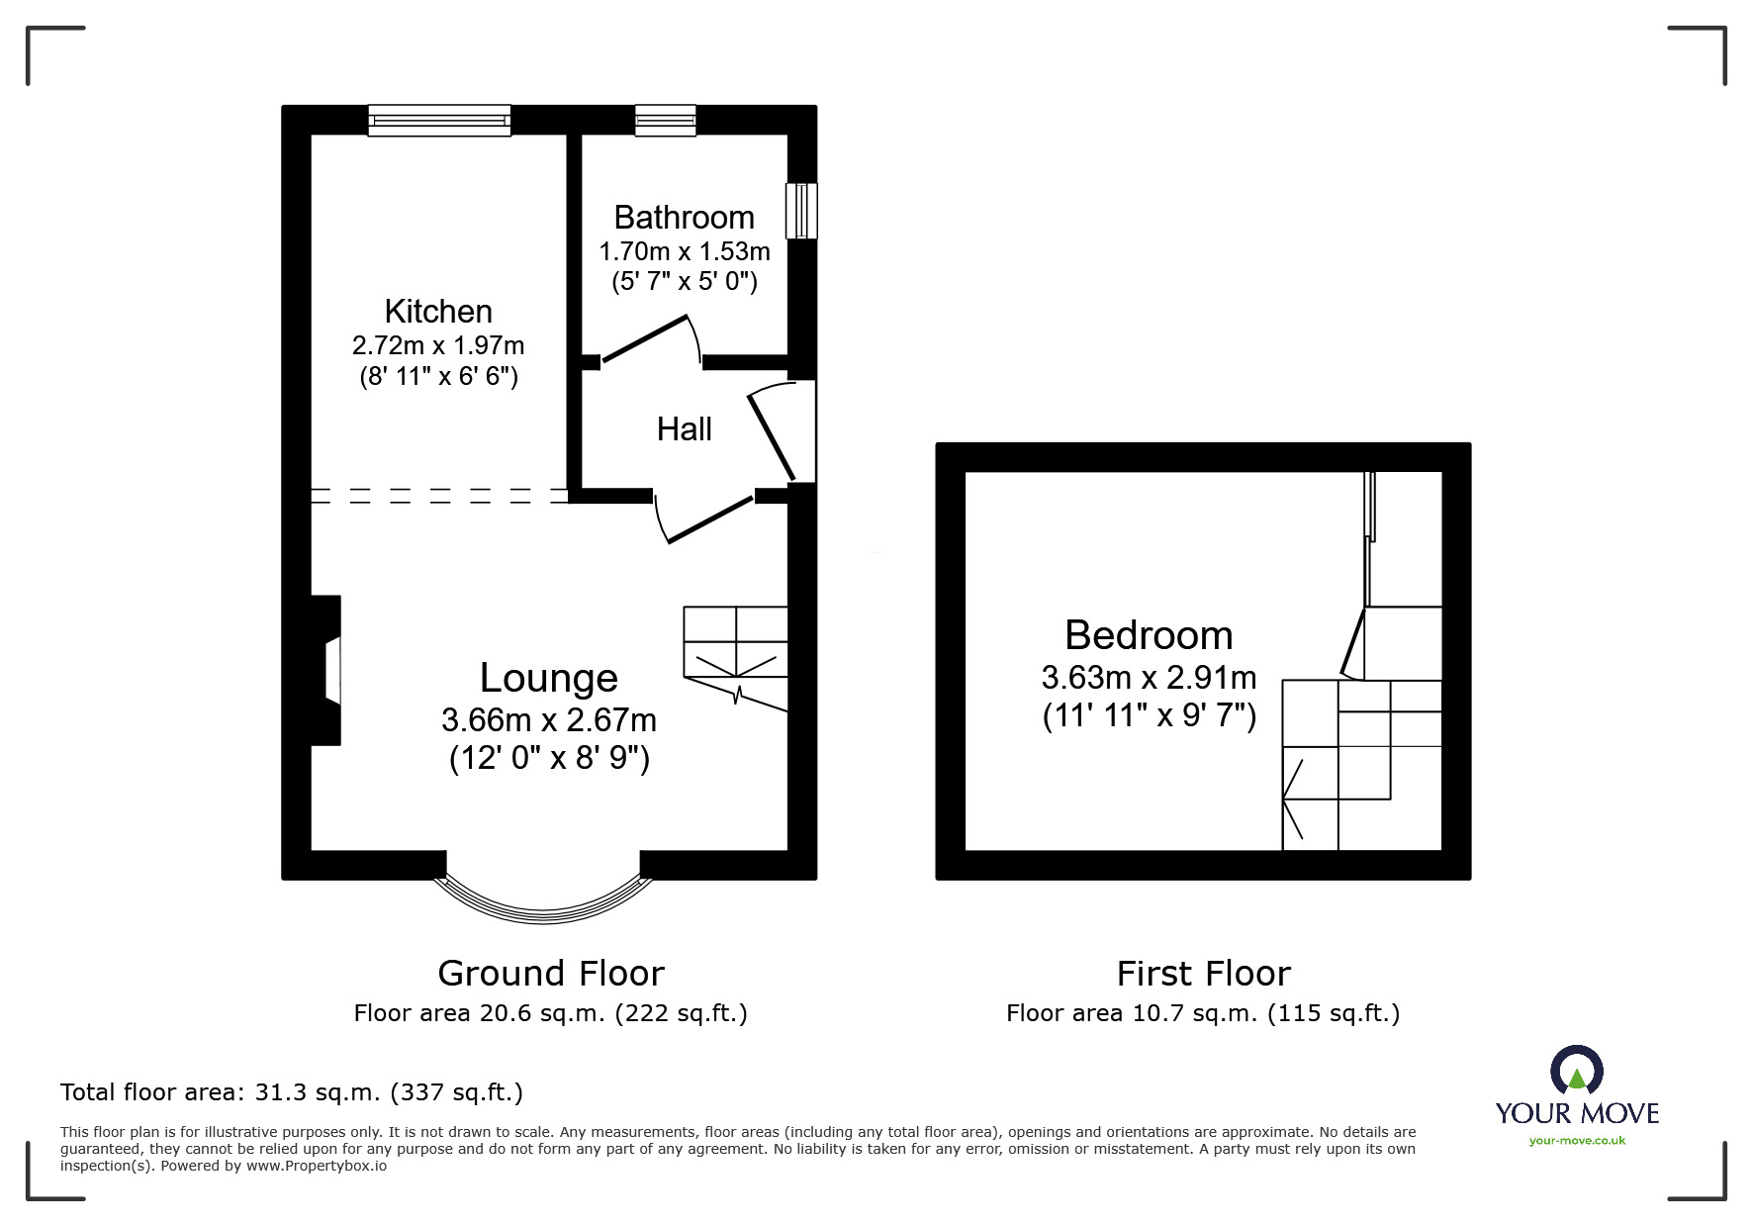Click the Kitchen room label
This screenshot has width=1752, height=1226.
click(x=438, y=312)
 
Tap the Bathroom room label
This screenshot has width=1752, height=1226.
click(x=684, y=218)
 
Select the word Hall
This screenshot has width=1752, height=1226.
click(x=684, y=429)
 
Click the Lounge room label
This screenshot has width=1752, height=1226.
click(x=549, y=679)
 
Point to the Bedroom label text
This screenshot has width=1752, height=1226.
click(x=1149, y=635)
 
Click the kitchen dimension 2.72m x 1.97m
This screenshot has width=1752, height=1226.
click(x=438, y=345)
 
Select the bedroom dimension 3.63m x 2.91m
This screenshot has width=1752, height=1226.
click(x=1149, y=678)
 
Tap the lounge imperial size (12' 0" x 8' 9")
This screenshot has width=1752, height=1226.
click(x=549, y=758)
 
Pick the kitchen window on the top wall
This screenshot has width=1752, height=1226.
click(x=440, y=121)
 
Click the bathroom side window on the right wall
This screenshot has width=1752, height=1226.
click(x=801, y=211)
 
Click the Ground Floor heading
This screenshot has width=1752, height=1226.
click(x=551, y=974)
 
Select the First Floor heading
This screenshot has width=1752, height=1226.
click(x=1203, y=974)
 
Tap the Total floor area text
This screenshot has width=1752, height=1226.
click(x=292, y=1092)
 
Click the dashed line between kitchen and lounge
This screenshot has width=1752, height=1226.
click(x=440, y=496)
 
